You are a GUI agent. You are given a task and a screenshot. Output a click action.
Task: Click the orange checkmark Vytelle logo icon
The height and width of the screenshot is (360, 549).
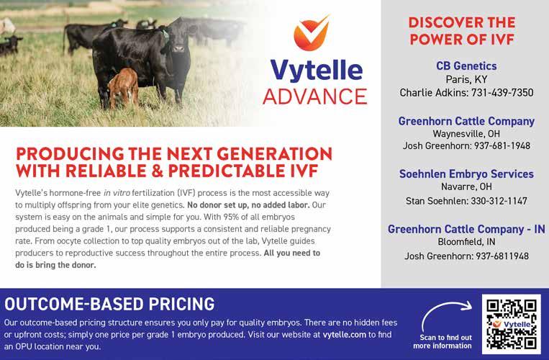[x=311, y=33]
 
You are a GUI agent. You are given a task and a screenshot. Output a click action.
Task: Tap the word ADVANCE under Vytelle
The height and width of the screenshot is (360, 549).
[x=314, y=96]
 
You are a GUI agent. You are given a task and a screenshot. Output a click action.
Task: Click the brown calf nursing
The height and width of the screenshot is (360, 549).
[x=123, y=89]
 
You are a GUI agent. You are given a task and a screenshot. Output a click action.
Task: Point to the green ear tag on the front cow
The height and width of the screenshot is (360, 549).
[x=165, y=35]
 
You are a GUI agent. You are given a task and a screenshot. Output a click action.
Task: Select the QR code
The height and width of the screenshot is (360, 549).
[x=511, y=324]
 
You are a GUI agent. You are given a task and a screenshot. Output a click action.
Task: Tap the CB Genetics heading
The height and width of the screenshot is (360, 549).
[x=466, y=66]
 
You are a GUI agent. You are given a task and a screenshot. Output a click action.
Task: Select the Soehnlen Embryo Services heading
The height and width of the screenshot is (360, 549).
[x=466, y=174]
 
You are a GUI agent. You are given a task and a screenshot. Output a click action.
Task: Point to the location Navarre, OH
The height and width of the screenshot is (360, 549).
[x=466, y=186]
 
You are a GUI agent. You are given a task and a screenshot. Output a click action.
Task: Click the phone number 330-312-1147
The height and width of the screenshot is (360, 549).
[x=499, y=201]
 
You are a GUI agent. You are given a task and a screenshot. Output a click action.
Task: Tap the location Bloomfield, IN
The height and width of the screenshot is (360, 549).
[x=466, y=242]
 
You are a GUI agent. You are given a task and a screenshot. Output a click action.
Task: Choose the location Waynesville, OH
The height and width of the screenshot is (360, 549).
[x=466, y=134]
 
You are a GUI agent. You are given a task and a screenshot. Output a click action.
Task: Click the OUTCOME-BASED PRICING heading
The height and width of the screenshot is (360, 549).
[x=109, y=304]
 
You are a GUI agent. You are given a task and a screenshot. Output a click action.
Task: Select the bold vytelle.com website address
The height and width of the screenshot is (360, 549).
[x=345, y=334]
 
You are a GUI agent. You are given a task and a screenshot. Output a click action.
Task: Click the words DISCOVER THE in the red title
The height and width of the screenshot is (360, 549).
[x=462, y=22]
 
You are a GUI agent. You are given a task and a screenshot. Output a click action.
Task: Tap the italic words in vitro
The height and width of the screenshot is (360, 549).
[x=117, y=193]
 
